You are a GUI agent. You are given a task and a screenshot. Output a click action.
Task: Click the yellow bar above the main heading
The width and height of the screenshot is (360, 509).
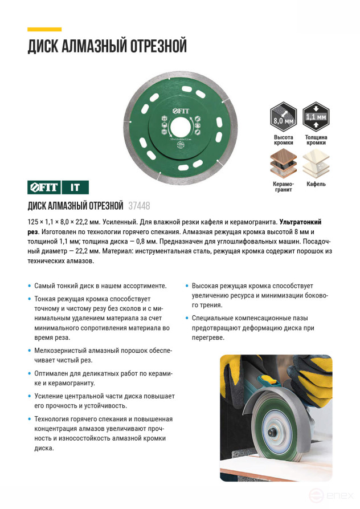point(44,29)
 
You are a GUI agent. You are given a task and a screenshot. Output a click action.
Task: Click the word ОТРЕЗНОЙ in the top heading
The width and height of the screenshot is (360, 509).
point(154,46)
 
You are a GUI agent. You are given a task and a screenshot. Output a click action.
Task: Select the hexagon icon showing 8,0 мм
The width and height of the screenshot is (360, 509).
point(283,116)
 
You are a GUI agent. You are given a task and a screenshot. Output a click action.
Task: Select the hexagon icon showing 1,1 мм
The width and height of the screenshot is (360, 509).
point(316,116)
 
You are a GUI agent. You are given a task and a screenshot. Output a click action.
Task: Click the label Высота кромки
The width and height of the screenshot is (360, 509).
point(283,140)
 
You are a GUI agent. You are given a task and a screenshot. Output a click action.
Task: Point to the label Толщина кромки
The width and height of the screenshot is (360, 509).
point(316,140)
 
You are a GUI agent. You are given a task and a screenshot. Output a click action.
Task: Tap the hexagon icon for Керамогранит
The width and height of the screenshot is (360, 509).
point(283,165)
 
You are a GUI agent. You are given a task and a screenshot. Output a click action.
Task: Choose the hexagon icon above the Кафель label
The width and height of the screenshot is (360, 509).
point(316,165)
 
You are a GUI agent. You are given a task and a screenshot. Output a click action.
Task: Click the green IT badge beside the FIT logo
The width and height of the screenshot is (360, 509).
point(75,187)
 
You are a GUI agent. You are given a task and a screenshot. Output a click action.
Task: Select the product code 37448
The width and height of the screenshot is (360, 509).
point(140,206)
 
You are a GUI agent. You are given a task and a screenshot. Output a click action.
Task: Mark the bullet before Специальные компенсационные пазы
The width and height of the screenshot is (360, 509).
point(187,317)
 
